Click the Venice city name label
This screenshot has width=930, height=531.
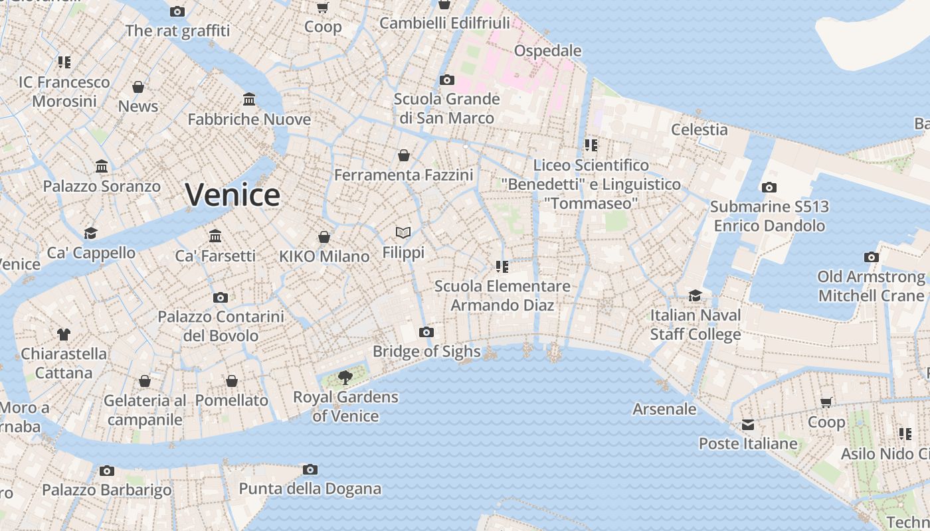point(232,194)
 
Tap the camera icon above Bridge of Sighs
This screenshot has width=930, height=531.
point(426,332)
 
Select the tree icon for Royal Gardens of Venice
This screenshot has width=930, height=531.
point(345,378)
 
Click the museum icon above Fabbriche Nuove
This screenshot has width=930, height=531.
point(249,100)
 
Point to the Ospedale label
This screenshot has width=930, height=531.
point(547,51)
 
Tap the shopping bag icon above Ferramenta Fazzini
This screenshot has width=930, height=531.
point(403,155)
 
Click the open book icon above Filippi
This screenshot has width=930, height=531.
point(403,232)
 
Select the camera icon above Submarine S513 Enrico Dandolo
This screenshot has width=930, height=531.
point(769,187)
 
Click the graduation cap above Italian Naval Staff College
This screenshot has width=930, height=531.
point(695,295)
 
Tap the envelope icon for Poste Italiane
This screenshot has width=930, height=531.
point(748,425)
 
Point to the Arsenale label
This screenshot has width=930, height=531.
point(664,409)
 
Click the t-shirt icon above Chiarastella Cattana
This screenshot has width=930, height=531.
point(63,334)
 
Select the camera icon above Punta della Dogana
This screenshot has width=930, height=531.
point(310,470)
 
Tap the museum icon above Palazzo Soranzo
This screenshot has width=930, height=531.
point(102,166)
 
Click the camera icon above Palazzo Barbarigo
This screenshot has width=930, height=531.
point(106,471)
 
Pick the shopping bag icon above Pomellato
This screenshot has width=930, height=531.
point(231,381)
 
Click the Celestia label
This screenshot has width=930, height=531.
point(699,129)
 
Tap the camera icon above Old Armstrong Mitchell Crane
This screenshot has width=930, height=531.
point(872,257)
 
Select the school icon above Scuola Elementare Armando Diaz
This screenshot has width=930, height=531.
point(502,267)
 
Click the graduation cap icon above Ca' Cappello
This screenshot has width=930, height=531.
point(90,233)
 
